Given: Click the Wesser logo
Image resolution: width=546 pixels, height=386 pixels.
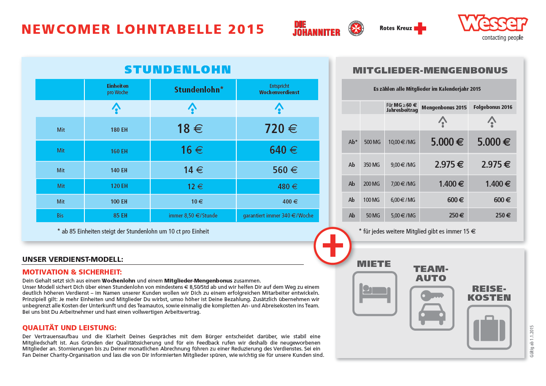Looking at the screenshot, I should tap(492, 24).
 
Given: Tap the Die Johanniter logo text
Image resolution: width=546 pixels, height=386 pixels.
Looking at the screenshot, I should tap(316, 29).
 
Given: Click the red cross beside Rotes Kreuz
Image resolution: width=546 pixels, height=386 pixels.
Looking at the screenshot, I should tap(420, 28).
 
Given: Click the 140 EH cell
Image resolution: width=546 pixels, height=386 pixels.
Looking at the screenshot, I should tap(119, 170).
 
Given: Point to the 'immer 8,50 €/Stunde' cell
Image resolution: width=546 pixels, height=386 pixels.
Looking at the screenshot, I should tap(193, 215).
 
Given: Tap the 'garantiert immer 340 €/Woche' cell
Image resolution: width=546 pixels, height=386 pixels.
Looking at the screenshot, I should tap(278, 215).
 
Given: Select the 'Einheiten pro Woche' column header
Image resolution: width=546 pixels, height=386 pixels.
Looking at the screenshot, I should tap(117, 89).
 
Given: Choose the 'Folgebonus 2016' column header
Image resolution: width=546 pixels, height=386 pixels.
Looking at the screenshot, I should tap(492, 107).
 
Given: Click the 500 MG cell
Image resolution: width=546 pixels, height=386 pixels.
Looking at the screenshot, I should tap(372, 142).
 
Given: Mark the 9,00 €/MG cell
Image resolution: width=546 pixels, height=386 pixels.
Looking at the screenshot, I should tap(401, 165).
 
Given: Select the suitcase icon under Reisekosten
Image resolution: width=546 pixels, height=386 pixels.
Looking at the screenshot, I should tap(489, 327).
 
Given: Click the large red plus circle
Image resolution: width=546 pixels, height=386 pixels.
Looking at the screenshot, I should tap(332, 246).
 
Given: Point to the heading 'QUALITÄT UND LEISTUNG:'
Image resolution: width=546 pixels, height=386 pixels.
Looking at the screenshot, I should tap(69, 328).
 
